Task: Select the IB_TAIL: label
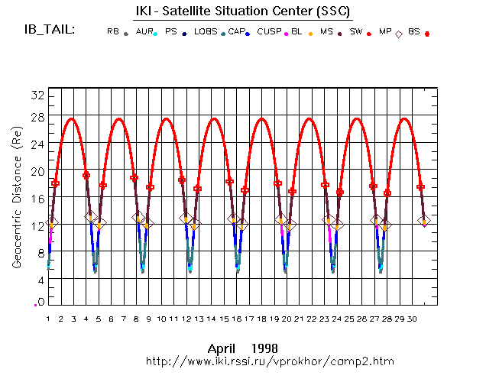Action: click(x=47, y=31)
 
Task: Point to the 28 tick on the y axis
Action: click(x=37, y=117)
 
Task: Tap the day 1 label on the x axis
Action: click(x=48, y=319)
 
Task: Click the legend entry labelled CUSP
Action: click(x=268, y=32)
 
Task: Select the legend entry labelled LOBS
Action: click(x=205, y=32)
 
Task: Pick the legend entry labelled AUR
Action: click(x=144, y=32)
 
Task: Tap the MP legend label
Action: click(x=385, y=32)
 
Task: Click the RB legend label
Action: click(x=113, y=32)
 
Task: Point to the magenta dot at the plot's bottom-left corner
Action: click(x=35, y=304)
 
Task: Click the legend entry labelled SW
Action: click(x=356, y=32)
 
